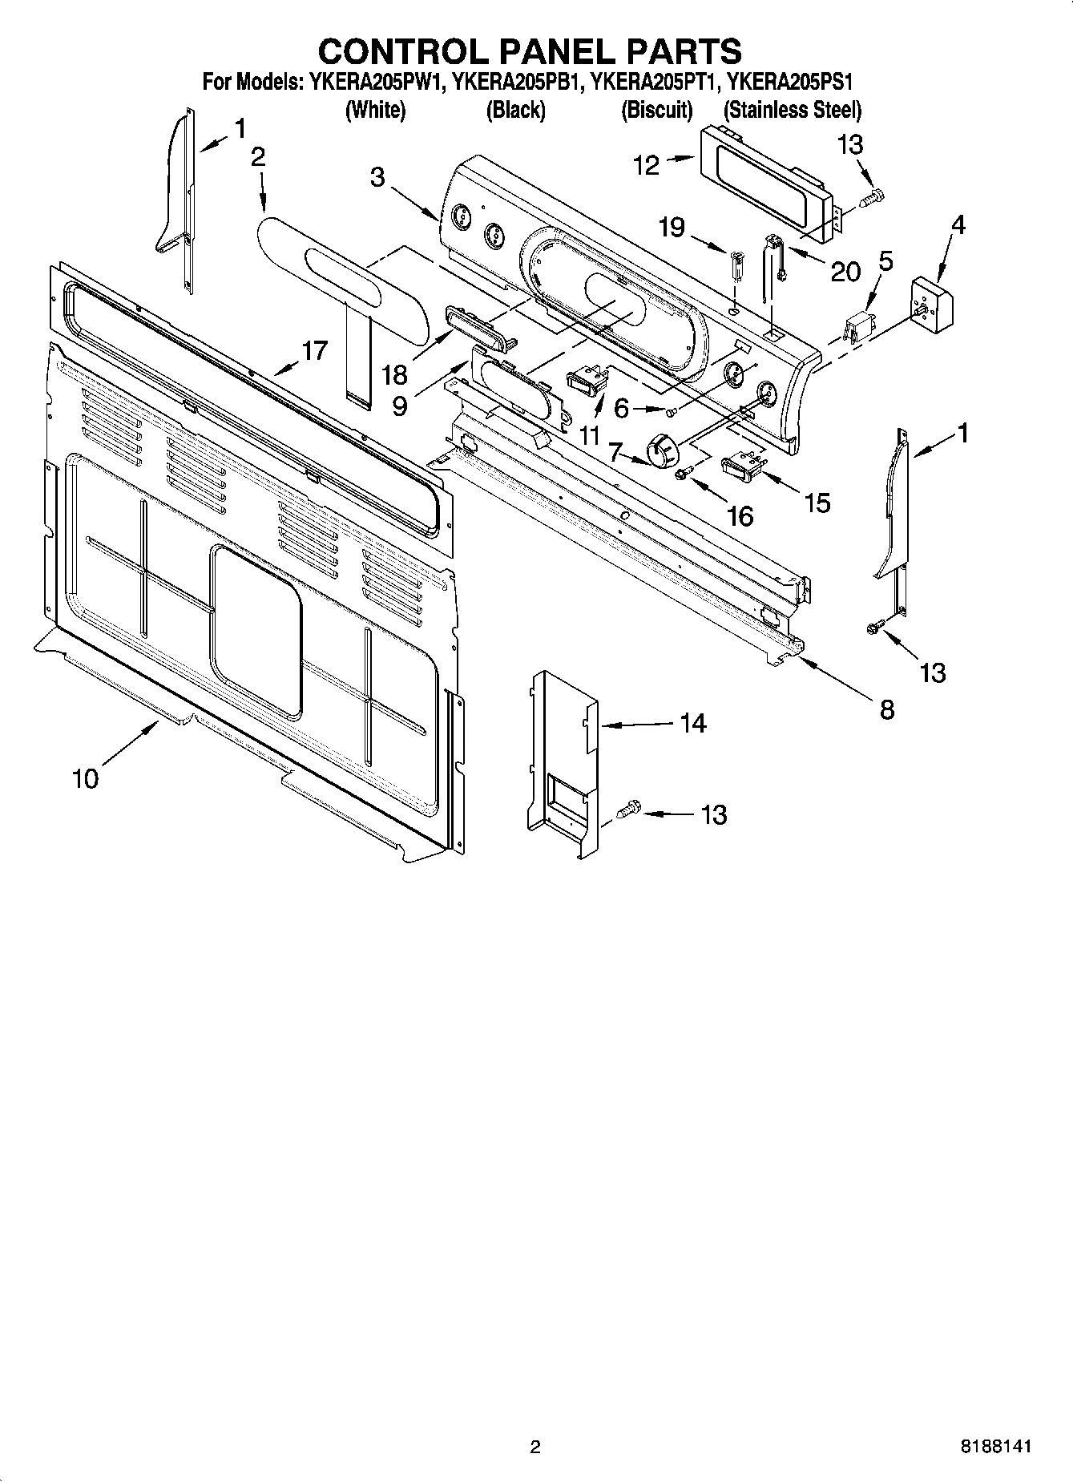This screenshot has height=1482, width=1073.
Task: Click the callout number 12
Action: [646, 165]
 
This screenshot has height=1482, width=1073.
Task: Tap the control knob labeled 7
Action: [662, 450]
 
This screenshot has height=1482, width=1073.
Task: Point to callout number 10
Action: [85, 777]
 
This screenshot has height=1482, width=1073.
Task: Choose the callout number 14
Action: [692, 723]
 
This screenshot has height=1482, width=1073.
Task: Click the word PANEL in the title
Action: [547, 51]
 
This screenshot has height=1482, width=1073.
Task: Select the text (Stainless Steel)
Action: [792, 110]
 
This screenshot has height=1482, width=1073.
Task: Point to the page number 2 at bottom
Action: [535, 1447]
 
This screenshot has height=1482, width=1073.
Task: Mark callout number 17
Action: [314, 350]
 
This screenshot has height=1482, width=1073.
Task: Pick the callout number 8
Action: [886, 709]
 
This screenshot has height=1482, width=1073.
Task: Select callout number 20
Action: [845, 272]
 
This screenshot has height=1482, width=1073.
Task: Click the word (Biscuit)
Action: [656, 110]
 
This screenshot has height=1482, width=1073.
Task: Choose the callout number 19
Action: [672, 228]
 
